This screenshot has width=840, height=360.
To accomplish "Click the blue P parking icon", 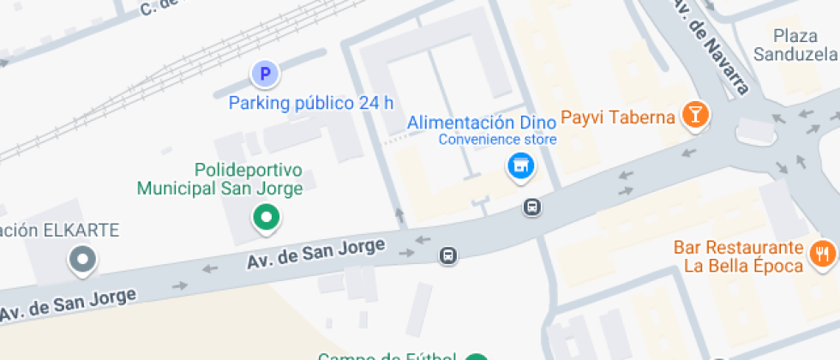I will [265, 75].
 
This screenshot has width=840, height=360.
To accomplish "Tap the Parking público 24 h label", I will [311, 104].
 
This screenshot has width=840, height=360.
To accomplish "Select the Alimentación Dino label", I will [481, 123].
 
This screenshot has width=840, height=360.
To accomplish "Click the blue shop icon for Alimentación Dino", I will [519, 165].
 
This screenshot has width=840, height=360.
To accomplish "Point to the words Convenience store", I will [498, 140].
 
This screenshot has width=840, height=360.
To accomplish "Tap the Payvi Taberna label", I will [616, 117].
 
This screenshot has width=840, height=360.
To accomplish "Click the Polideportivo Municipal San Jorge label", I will [221, 179].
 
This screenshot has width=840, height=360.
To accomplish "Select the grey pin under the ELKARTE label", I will [83, 258].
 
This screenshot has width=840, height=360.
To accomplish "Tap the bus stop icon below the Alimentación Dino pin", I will [532, 207].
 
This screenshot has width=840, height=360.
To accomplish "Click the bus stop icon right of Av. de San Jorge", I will [447, 255].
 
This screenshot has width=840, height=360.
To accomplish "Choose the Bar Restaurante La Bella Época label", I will [738, 256].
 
